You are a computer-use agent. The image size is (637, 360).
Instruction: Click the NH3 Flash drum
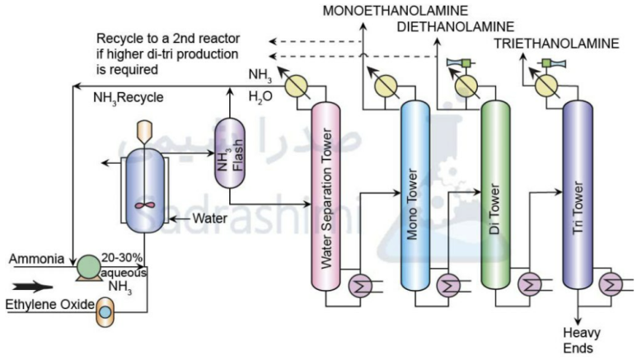click(230, 152)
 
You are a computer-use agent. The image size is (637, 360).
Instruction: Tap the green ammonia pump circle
click(85, 264)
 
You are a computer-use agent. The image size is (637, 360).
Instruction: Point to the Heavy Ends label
click(580, 340)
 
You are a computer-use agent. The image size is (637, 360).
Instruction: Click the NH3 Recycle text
click(129, 97)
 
